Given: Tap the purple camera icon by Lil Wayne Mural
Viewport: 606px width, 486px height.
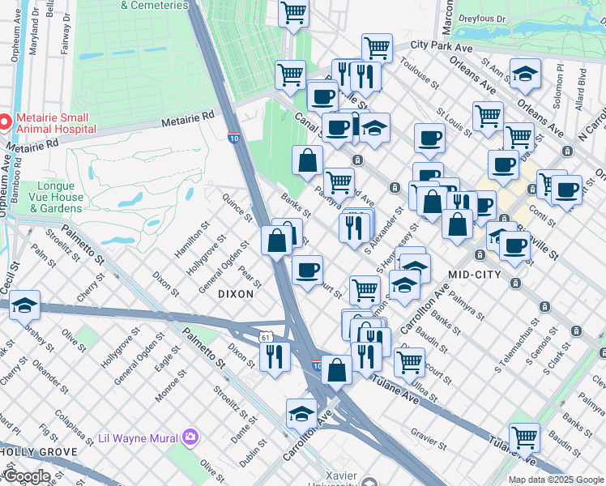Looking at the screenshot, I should point(190,438).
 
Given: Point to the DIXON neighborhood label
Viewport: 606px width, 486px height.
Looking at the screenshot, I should point(236,295).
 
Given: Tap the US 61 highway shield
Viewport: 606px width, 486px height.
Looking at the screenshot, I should point(266,336).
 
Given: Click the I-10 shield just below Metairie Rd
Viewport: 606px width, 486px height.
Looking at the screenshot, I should point(233,138).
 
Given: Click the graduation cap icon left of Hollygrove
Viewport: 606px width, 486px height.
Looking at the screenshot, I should point(24,306).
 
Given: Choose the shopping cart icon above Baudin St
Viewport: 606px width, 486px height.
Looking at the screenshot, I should point(524,438).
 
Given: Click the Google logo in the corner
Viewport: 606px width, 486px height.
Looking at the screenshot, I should point(28,476).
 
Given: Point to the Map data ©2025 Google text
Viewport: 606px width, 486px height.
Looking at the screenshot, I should point(555,480).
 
